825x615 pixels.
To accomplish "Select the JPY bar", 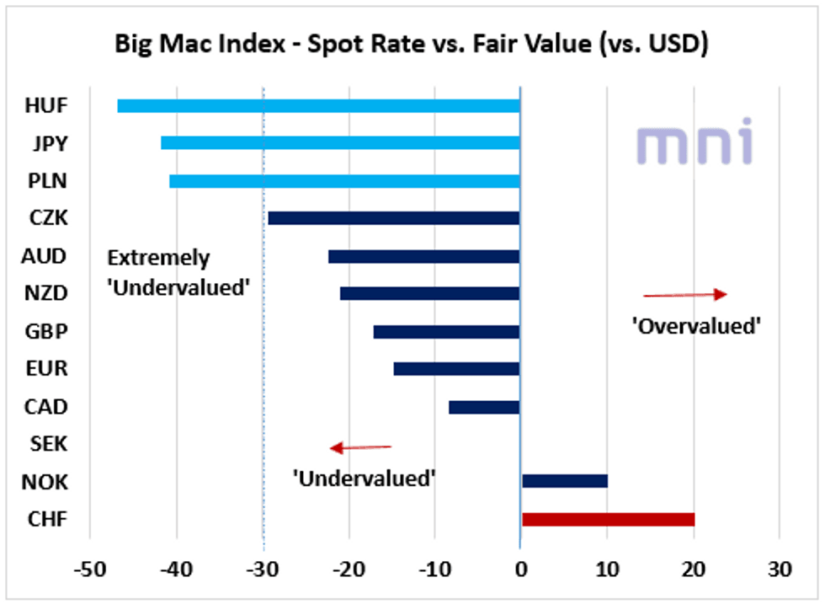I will pyautogui.click(x=340, y=143).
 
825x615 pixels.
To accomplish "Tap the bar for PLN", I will pyautogui.click(x=344, y=180).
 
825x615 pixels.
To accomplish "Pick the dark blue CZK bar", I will pyautogui.click(x=393, y=218).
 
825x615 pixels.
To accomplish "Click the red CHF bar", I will pyautogui.click(x=608, y=519).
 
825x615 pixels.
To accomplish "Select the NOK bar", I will pyautogui.click(x=564, y=481).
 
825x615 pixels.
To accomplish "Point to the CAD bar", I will pyautogui.click(x=484, y=407).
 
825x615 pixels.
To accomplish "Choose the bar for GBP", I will pyautogui.click(x=446, y=331).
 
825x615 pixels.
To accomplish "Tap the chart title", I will pyautogui.click(x=412, y=44).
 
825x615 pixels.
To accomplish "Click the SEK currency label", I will pyautogui.click(x=48, y=444).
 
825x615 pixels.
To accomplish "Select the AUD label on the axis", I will pyautogui.click(x=46, y=255).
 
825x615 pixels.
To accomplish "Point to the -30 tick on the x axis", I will pyautogui.click(x=262, y=570).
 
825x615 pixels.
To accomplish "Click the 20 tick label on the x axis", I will pyautogui.click(x=693, y=570).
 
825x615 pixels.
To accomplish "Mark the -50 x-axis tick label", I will pyautogui.click(x=89, y=570).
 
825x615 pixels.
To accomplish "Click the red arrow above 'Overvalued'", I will pyautogui.click(x=684, y=294).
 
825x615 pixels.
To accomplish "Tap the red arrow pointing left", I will pyautogui.click(x=360, y=447).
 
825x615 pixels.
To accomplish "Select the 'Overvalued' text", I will pyautogui.click(x=696, y=326).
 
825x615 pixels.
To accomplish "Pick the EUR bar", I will pyautogui.click(x=456, y=369).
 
